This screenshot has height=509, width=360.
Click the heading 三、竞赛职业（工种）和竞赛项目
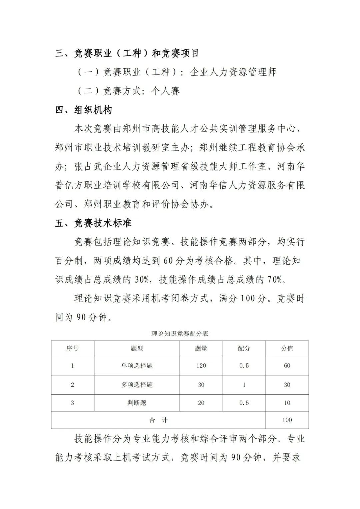[127, 53]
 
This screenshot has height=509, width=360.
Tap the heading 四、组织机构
[84, 110]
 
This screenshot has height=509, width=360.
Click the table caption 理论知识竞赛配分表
[180, 333]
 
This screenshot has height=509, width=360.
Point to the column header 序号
[72, 348]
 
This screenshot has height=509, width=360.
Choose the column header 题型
[137, 348]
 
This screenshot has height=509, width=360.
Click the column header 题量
[201, 348]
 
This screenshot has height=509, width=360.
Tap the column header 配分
[244, 348]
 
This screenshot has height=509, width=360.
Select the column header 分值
[287, 348]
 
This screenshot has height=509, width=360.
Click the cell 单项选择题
[137, 366]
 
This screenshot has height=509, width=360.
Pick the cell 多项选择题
[137, 385]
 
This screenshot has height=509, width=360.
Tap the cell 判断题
[137, 403]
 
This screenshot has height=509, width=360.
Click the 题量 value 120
[201, 366]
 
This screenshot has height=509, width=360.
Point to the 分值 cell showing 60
[287, 366]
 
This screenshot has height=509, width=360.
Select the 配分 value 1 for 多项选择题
[244, 385]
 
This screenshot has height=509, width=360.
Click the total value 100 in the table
[287, 420]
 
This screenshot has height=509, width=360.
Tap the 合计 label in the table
[158, 420]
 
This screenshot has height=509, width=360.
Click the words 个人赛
[165, 91]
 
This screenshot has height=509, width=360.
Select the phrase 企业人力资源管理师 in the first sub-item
[233, 72]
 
